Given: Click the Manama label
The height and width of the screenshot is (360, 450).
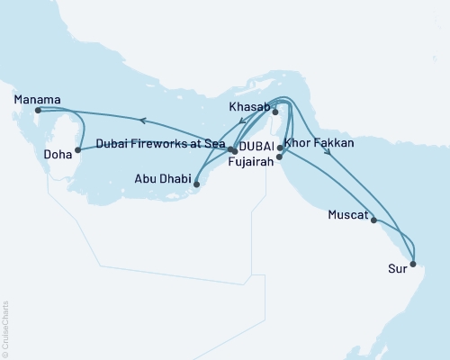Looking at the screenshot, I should [37, 99].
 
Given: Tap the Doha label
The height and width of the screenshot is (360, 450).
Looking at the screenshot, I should [58, 155].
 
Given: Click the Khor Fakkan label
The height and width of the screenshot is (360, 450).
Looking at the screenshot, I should [320, 143].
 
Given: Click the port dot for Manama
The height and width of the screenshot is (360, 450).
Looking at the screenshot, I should [37, 111].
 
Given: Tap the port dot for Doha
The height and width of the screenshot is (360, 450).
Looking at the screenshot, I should [78, 149].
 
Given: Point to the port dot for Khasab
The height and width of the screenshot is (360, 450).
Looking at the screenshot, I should [275, 112].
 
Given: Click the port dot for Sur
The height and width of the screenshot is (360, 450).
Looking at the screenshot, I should [413, 265].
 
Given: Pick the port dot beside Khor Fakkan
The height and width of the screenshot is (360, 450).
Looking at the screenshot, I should [280, 147].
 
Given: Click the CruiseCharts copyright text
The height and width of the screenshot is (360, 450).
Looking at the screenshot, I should [5, 326].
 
